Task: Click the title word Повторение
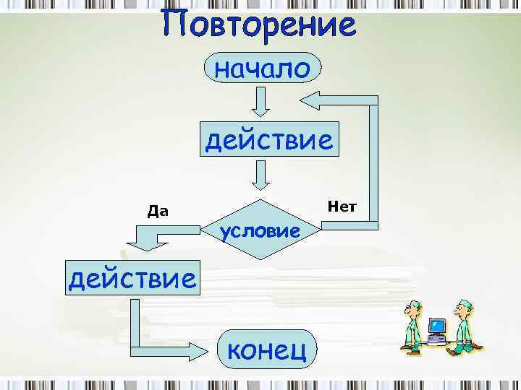click(260, 25)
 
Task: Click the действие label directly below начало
click(269, 139)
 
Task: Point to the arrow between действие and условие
click(261, 175)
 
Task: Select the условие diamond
click(260, 230)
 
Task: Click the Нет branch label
click(342, 207)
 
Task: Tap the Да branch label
click(158, 212)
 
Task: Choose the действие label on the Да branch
click(132, 277)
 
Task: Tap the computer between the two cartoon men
click(437, 331)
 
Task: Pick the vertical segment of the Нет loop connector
click(373, 166)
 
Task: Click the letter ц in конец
click(303, 352)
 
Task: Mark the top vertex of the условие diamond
click(260, 198)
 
